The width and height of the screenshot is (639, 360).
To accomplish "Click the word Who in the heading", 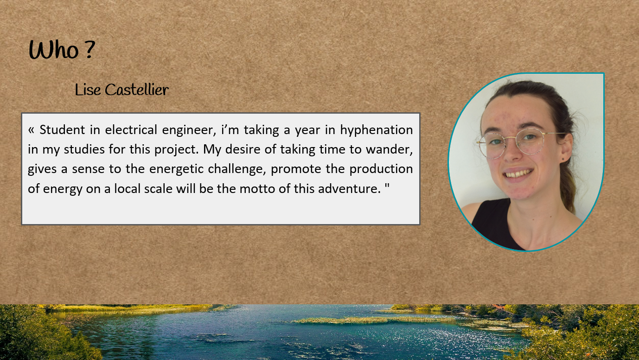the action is [x=54, y=50].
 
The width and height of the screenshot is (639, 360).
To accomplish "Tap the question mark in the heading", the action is [x=90, y=49].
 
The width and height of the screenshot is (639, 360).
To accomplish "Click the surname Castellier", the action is [x=137, y=90].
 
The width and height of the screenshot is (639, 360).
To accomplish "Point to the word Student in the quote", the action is [x=62, y=130].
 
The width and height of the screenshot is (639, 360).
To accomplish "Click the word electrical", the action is [x=131, y=130].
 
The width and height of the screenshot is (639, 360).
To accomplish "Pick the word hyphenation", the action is [x=377, y=130].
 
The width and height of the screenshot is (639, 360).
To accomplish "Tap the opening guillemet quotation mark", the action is [x=31, y=130].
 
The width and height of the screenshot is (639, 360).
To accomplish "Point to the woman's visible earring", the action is [x=563, y=159].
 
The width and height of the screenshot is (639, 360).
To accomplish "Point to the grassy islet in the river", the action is [x=371, y=320].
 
